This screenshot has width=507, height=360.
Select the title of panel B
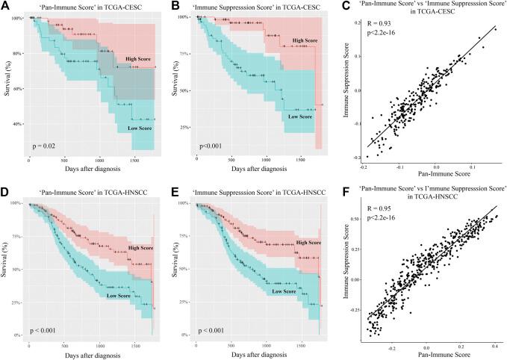click(x=258, y=7)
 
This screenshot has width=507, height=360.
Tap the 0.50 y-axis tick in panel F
click(x=358, y=220)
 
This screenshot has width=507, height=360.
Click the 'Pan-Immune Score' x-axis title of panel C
click(x=426, y=174)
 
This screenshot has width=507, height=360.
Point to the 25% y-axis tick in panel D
click(x=19, y=302)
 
